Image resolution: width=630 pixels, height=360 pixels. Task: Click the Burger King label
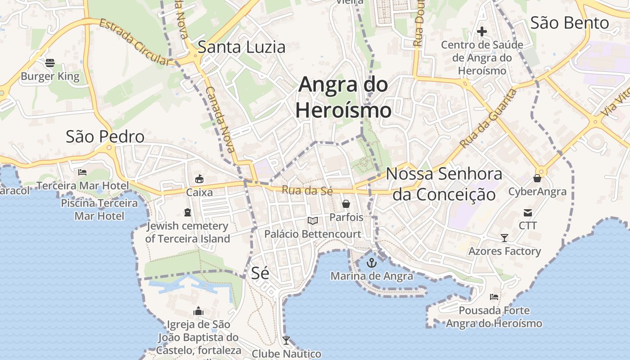tap(50, 76)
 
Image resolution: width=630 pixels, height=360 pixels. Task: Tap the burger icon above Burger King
tap(50, 63)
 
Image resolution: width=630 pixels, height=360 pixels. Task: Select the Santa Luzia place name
tap(242, 47)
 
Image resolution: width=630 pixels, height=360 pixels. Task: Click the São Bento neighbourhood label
tap(569, 22)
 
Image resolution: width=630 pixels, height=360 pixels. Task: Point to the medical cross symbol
tap(482, 31)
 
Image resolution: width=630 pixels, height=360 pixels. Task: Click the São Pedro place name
tap(105, 136)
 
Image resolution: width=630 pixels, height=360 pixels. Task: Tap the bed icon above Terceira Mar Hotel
tap(82, 172)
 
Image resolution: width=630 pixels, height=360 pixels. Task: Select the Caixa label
tap(199, 192)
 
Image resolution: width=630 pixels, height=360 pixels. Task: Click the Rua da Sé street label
tap(307, 190)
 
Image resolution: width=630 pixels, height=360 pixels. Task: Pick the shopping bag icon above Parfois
tap(346, 204)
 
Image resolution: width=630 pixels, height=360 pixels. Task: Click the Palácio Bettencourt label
tap(312, 234)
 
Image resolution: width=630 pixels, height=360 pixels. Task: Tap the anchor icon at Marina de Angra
tap(372, 262)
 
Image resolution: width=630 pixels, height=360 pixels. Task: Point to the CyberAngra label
tap(537, 192)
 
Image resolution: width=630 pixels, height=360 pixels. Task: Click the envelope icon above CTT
tap(527, 212)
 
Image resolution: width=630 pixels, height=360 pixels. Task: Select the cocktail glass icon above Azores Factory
tap(504, 238)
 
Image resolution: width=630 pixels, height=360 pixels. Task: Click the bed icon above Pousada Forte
tap(494, 297)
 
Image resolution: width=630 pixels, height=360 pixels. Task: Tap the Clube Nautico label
tap(286, 354)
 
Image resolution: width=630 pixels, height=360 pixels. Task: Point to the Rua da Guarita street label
tap(489, 119)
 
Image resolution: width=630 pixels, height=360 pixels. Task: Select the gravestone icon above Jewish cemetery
tap(188, 212)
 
